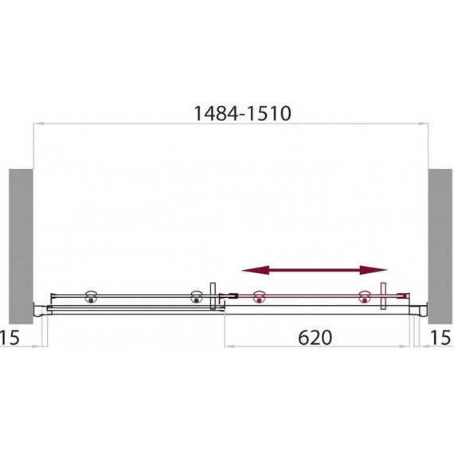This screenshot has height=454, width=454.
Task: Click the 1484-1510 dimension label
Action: (x=242, y=113)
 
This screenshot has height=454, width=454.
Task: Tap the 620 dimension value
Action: (x=315, y=338)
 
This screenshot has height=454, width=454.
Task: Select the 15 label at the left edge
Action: (x=10, y=338)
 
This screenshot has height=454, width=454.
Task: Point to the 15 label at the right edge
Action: (x=440, y=338)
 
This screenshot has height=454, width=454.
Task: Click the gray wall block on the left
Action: (x=21, y=246)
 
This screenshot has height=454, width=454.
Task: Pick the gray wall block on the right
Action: (x=440, y=246)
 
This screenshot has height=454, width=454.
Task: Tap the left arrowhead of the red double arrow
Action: (x=256, y=270)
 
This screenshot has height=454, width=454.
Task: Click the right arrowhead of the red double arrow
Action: (x=374, y=270)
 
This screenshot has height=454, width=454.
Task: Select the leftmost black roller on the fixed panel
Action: (x=91, y=297)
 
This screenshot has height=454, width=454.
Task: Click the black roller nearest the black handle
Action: (x=196, y=297)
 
